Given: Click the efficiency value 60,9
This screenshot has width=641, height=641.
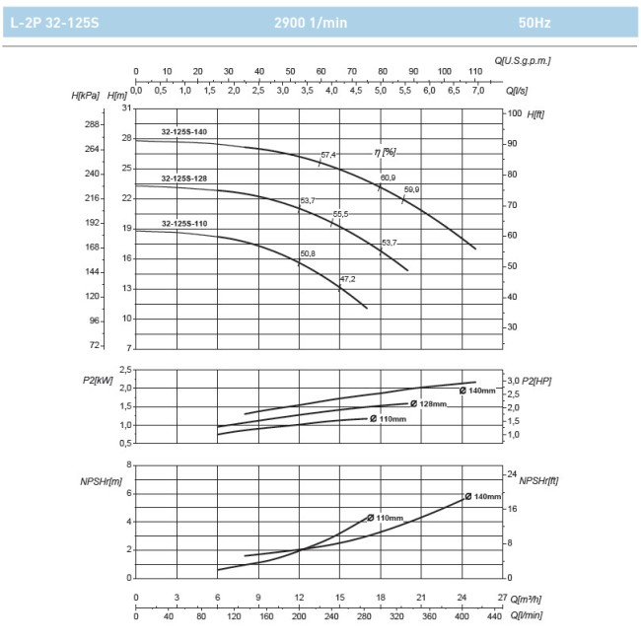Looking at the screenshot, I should tap(388, 178).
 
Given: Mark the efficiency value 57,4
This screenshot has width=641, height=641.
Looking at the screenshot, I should tap(328, 155).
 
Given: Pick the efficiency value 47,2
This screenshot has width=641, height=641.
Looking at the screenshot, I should tap(347, 279).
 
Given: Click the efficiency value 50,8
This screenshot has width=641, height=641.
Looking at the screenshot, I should tap(308, 254).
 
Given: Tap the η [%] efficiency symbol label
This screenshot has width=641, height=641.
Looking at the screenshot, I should tap(385, 152).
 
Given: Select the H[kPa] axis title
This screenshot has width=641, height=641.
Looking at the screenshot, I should tap(86, 96).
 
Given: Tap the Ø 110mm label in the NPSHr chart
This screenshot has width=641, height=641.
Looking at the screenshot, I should tap(387, 518).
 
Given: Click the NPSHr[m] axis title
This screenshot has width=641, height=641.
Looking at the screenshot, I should tap(102, 480).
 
